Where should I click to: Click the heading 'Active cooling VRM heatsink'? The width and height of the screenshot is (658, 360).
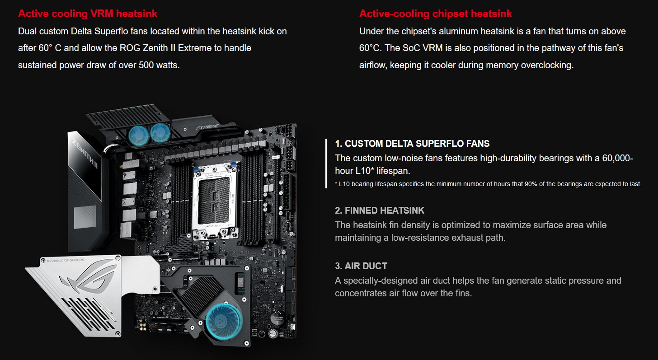[x=88, y=14]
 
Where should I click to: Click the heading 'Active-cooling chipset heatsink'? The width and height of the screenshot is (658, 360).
[x=435, y=14]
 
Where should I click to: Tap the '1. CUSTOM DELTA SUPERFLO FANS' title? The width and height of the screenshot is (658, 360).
[x=412, y=144]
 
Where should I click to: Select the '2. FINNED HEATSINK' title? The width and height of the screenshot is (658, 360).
[x=380, y=210]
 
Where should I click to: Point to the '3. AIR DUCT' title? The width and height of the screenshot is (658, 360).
[x=361, y=266]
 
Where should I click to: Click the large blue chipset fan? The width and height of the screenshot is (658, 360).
[x=224, y=320]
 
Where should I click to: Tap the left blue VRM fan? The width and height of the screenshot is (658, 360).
[x=138, y=135]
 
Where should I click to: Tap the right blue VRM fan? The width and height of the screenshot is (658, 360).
[x=160, y=132]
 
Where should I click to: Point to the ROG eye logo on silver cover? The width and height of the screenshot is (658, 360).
[x=87, y=277]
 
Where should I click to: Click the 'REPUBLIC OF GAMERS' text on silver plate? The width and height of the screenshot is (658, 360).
[x=66, y=261]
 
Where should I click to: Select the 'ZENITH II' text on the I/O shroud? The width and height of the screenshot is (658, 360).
[x=85, y=153]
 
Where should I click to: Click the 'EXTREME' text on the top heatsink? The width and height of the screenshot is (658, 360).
[x=207, y=127]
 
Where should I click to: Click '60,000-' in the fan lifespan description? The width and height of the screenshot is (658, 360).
[x=617, y=158]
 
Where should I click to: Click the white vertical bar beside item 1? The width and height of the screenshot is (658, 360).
[x=326, y=164]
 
